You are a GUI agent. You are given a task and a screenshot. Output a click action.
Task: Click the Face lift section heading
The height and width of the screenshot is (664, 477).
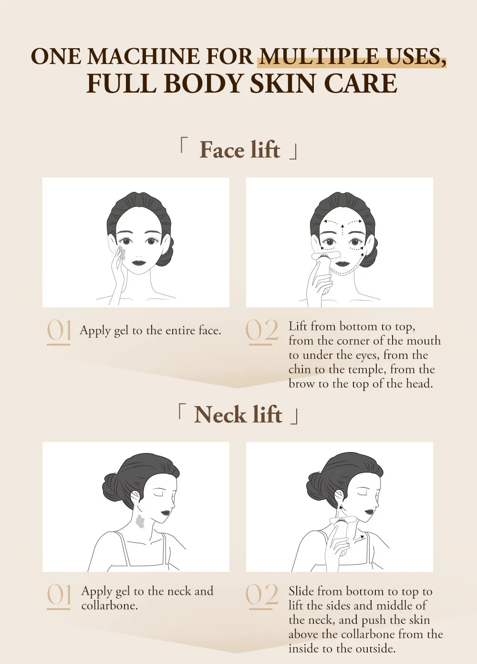pyautogui.click(x=239, y=150)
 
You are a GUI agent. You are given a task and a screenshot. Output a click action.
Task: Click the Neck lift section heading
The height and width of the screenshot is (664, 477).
pyautogui.click(x=238, y=414)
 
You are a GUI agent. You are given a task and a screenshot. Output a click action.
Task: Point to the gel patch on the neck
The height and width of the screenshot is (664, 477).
pyautogui.click(x=140, y=521)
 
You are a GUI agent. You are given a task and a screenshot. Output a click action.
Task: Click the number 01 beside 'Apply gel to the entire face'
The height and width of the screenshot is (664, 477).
pyautogui.click(x=59, y=331)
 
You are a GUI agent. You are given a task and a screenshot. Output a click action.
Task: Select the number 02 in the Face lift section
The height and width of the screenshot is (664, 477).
pyautogui.click(x=261, y=331)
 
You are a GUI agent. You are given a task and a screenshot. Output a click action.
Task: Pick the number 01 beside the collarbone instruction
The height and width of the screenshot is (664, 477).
pyautogui.click(x=59, y=596)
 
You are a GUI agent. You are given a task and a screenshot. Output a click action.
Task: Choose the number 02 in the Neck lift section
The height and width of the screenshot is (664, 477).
pyautogui.click(x=261, y=596)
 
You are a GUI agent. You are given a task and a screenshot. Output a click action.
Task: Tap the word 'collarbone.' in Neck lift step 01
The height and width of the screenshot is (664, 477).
pyautogui.click(x=109, y=606)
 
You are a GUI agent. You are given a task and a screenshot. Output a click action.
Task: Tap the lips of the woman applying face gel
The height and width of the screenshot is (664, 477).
pyautogui.click(x=138, y=262)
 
